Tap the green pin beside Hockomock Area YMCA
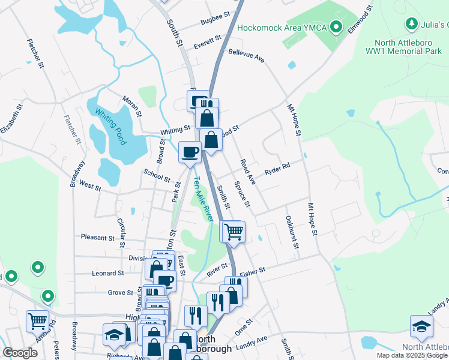click(x=337, y=28)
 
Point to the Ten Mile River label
click(x=202, y=199)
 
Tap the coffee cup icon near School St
click(x=190, y=152)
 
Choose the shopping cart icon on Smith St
click(x=233, y=231)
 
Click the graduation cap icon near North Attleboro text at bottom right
click(x=421, y=326)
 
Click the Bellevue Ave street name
click(x=246, y=56)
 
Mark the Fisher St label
click(x=252, y=272)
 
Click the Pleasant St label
click(x=98, y=238)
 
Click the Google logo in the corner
click(x=20, y=353)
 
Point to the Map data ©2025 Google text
click(x=412, y=355)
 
